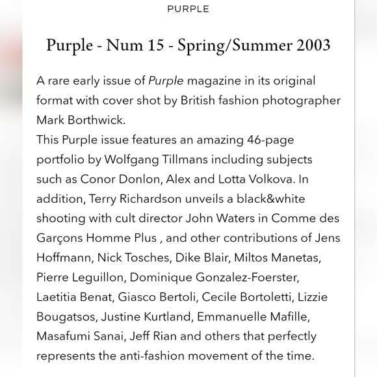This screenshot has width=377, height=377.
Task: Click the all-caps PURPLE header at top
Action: click(188, 9)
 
